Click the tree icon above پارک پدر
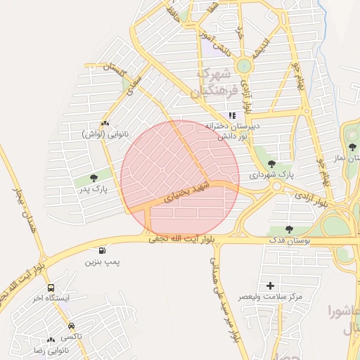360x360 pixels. coord(94,177)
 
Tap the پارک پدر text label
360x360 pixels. coord(94,189)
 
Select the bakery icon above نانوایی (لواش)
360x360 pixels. coord(105,123)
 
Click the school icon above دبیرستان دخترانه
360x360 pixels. coord(232,115)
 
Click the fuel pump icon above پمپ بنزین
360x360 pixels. coord(103,250)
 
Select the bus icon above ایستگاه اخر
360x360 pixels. coord(51,288)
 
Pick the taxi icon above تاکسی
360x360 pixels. coord(72,326)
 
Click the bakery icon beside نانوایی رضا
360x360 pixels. coord(51,340)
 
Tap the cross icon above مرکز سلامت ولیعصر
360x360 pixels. coord(271,285)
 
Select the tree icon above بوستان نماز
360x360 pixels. coord(352,146)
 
